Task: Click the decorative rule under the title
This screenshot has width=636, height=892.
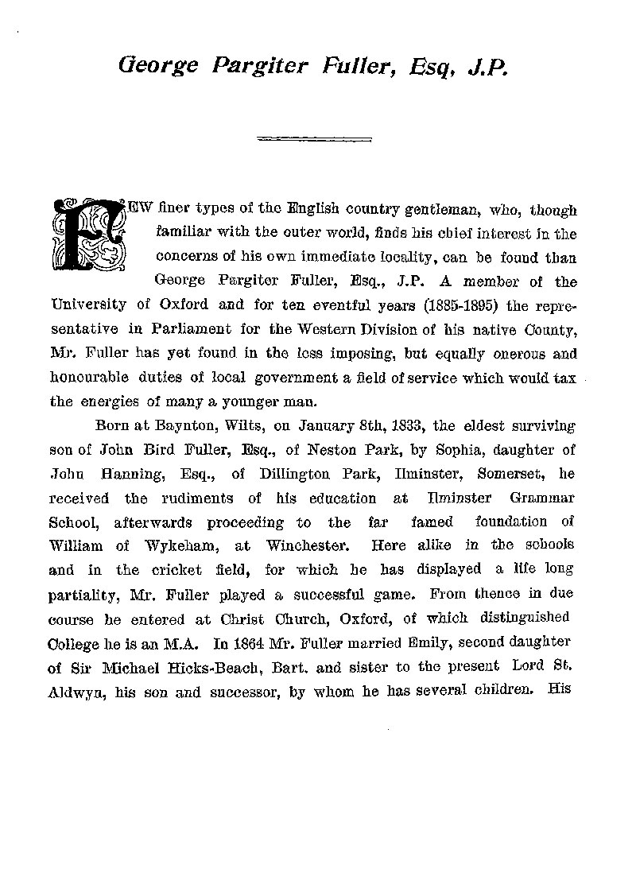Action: coord(316,140)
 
